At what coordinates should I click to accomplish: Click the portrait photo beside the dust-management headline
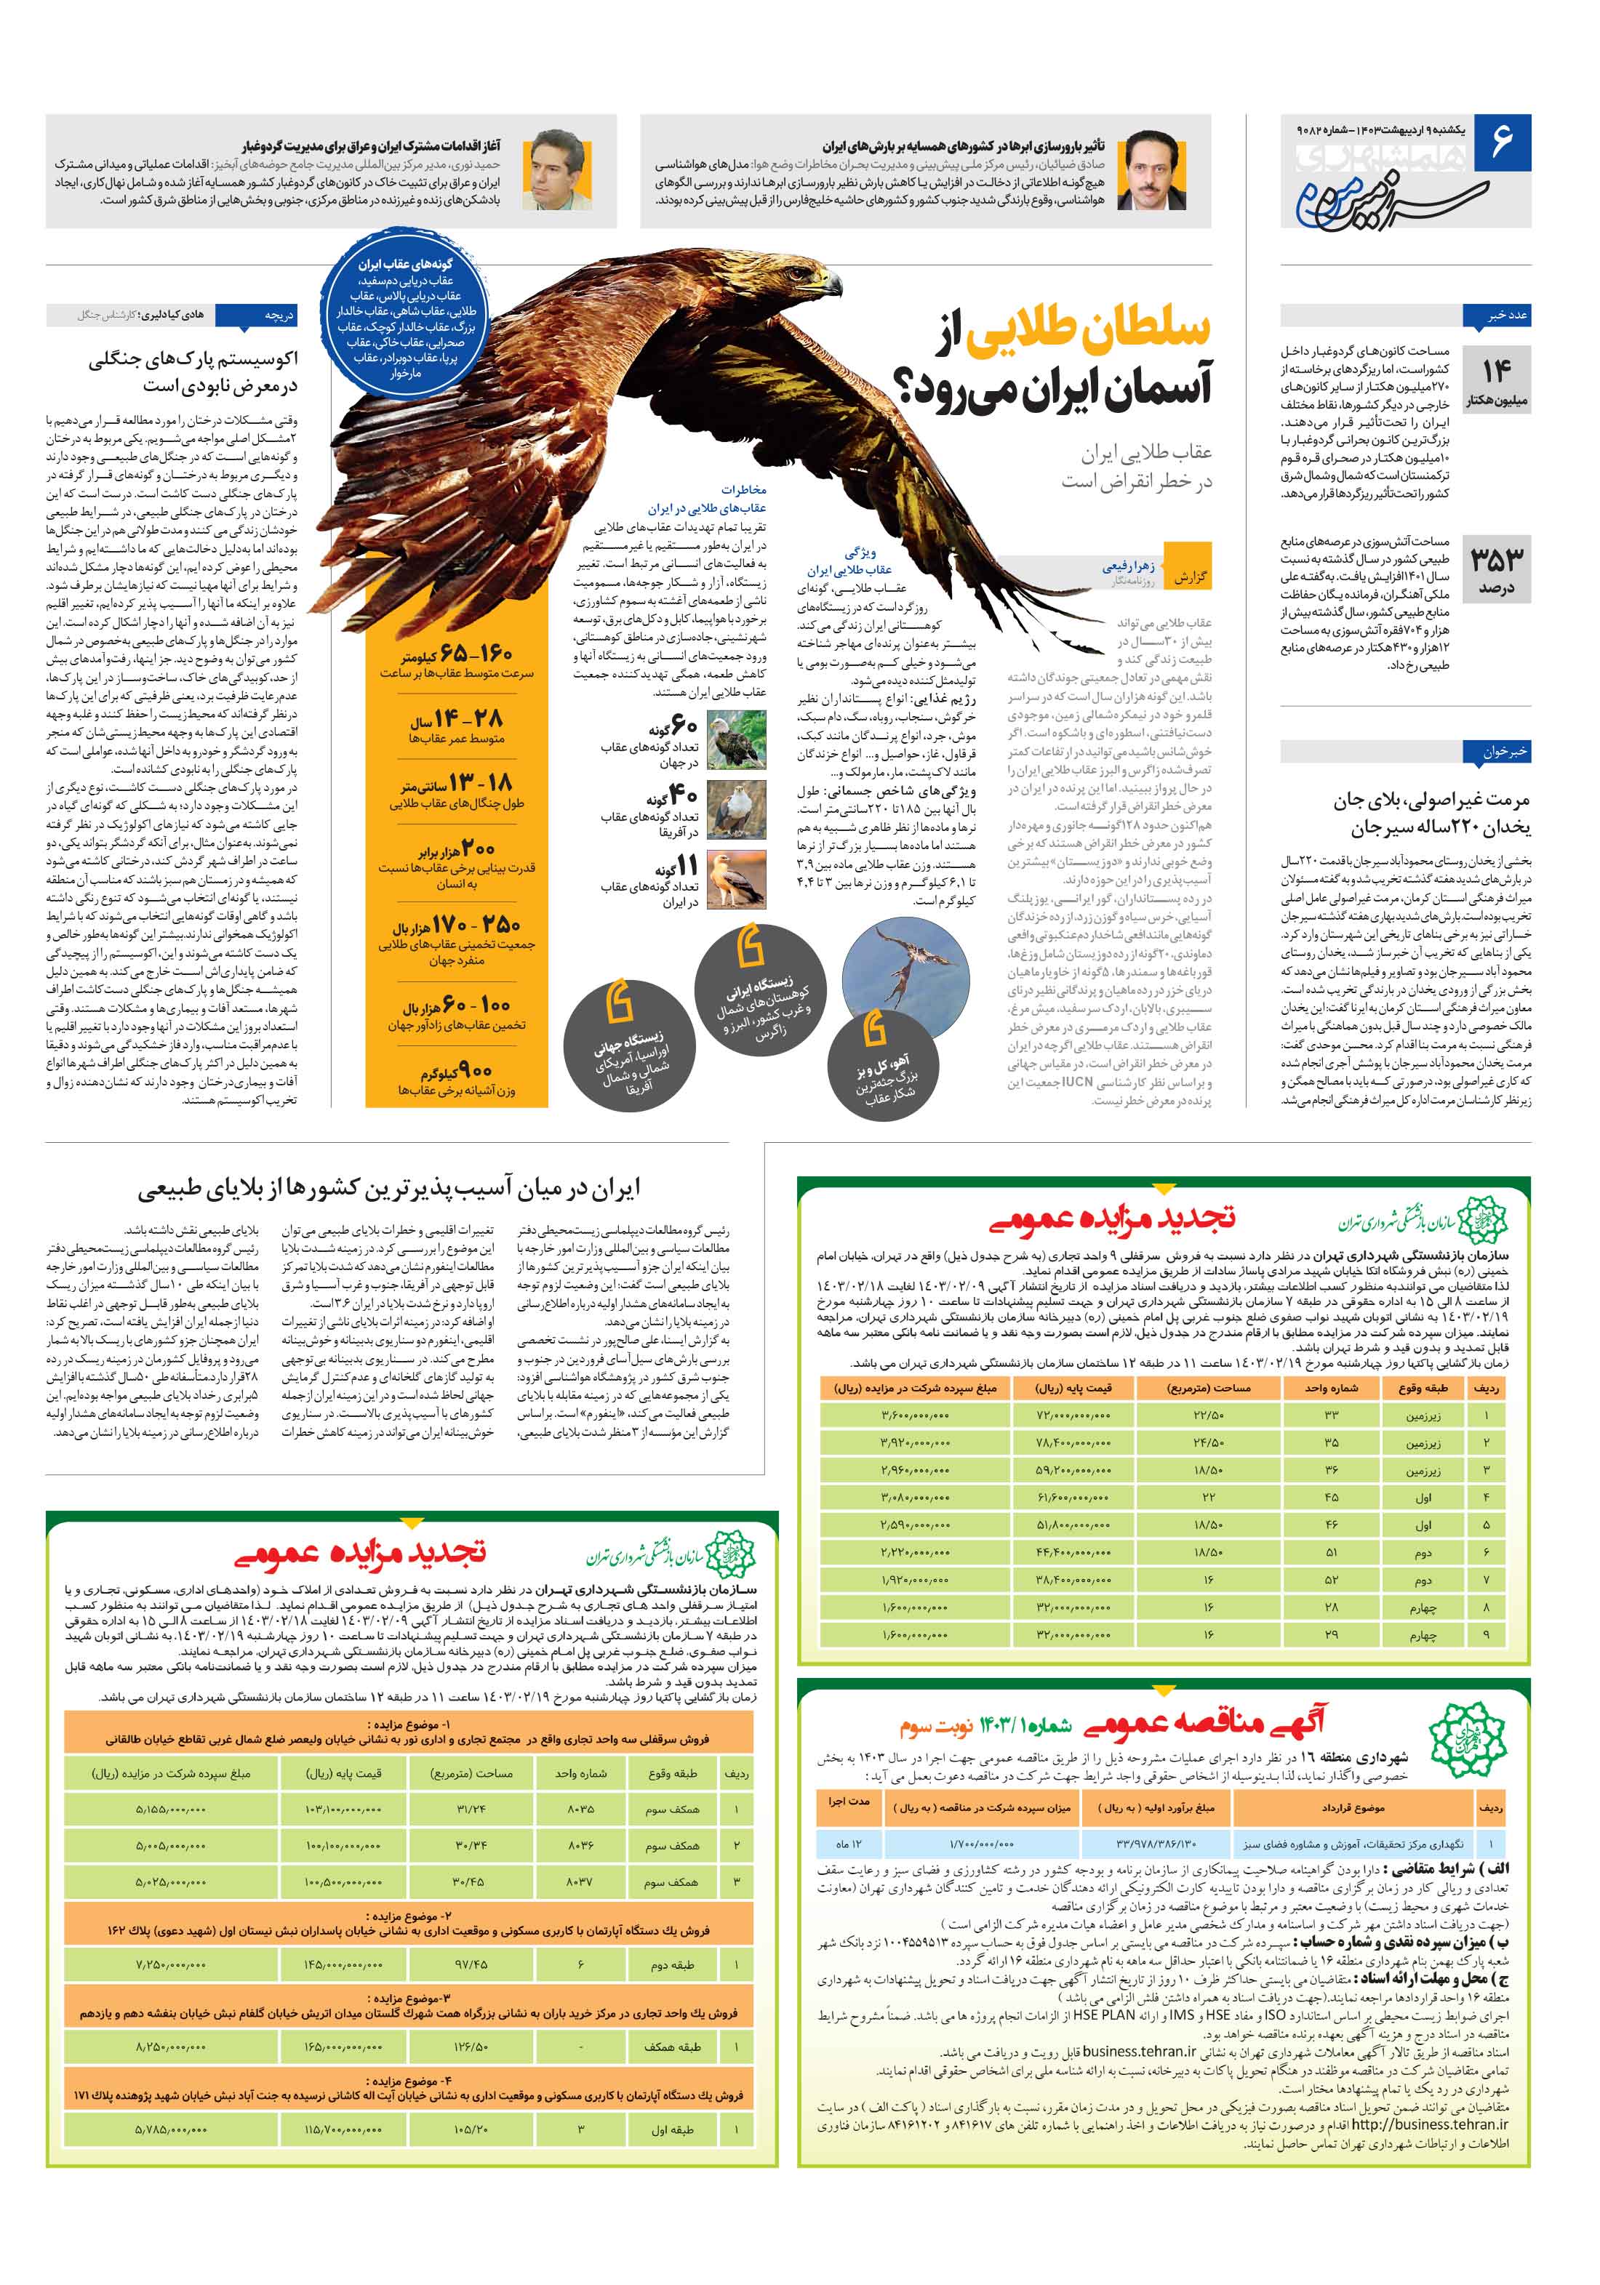pos(558,169)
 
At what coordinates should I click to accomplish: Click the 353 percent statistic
pos(1497,566)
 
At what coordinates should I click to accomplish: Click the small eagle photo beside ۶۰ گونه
pos(736,739)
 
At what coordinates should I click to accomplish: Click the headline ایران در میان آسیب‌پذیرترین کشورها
pos(389,1188)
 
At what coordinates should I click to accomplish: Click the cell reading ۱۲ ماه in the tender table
pos(848,1844)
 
